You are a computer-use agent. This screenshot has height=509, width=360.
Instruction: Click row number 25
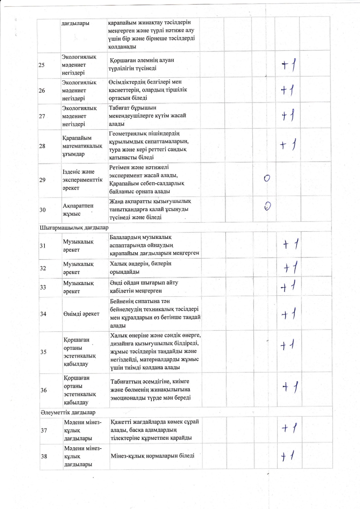(42, 65)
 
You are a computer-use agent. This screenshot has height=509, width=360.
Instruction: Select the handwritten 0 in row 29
(267, 178)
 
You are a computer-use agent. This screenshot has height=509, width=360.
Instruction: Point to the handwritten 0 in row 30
(267, 206)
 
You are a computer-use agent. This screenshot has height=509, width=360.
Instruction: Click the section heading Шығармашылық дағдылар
(74, 227)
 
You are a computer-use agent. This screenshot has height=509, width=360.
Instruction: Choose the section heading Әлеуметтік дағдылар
(67, 413)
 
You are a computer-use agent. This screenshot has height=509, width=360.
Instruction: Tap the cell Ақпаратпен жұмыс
(78, 210)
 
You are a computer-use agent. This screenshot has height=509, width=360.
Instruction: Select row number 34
(43, 314)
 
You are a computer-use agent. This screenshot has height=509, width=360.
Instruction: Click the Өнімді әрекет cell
(81, 314)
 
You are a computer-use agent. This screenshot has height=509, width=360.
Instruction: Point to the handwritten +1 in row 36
(290, 387)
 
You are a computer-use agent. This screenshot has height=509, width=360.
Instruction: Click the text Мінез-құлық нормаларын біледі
(152, 456)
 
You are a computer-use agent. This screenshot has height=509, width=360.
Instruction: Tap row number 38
(44, 456)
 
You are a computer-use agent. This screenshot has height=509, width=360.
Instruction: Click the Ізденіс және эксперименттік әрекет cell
(82, 180)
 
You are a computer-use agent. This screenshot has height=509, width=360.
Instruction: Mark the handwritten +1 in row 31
(291, 244)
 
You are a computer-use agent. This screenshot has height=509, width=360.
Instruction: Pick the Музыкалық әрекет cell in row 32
(78, 268)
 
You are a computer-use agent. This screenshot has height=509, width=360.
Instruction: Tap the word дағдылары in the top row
(75, 23)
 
